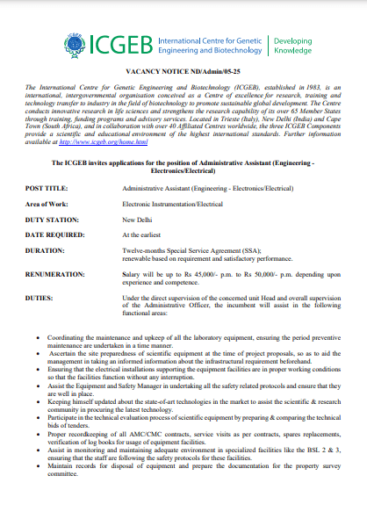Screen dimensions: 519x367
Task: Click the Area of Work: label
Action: pyautogui.click(x=48, y=203)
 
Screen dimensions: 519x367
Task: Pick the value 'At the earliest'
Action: pyautogui.click(x=143, y=234)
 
